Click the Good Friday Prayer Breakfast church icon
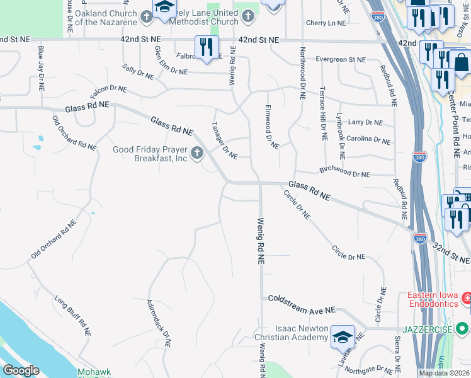197,153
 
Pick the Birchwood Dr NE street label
344,170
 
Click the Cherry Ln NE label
326,23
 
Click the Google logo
20,370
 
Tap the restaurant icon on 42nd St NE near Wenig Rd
206,47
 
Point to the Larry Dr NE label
365,122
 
